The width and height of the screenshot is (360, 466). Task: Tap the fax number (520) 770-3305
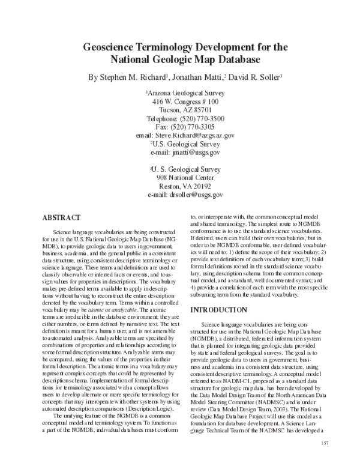click(x=196, y=127)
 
